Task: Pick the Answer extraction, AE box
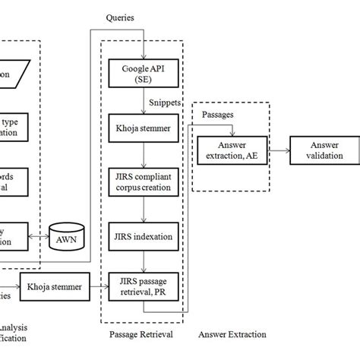pos(229,150)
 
